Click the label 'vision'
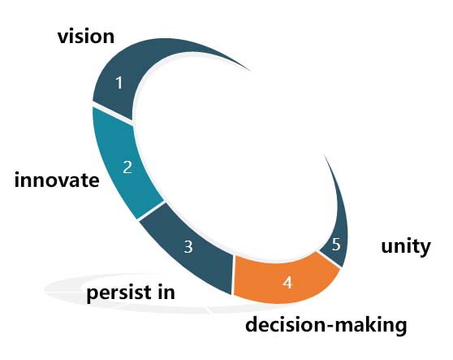pyautogui.click(x=86, y=37)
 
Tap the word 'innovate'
pyautogui.click(x=57, y=180)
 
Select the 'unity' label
pyautogui.click(x=406, y=247)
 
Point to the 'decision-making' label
pyautogui.click(x=326, y=325)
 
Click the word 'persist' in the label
pyautogui.click(x=119, y=293)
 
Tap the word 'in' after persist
pyautogui.click(x=166, y=292)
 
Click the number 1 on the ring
pyautogui.click(x=119, y=83)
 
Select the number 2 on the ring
pyautogui.click(x=127, y=167)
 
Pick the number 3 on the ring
pyautogui.click(x=188, y=247)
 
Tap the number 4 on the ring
pyautogui.click(x=287, y=283)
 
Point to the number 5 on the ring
pyautogui.click(x=336, y=245)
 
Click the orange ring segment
pyautogui.click(x=285, y=279)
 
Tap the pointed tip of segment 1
pyautogui.click(x=250, y=71)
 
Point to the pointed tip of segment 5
pyautogui.click(x=325, y=155)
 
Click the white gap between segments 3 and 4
pyautogui.click(x=232, y=275)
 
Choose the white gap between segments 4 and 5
pyautogui.click(x=330, y=259)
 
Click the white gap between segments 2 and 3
pyautogui.click(x=151, y=210)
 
